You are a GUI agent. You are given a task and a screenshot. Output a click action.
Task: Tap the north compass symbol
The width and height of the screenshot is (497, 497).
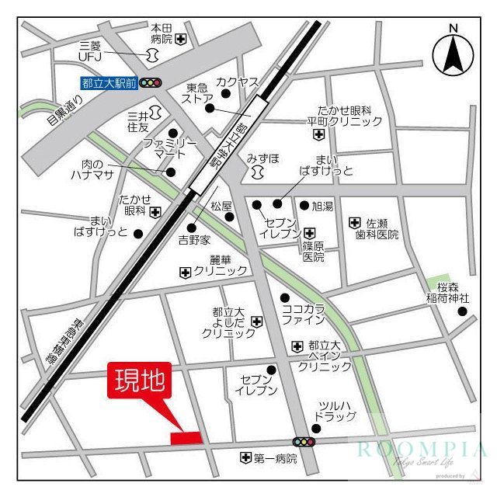coord(452,53)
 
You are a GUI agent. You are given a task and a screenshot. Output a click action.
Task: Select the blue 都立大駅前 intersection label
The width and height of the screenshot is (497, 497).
coord(109,83)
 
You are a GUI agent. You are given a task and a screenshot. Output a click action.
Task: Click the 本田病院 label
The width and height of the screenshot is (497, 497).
coord(162,33)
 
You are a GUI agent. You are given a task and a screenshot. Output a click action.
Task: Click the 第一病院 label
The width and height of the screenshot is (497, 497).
coord(276,458)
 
